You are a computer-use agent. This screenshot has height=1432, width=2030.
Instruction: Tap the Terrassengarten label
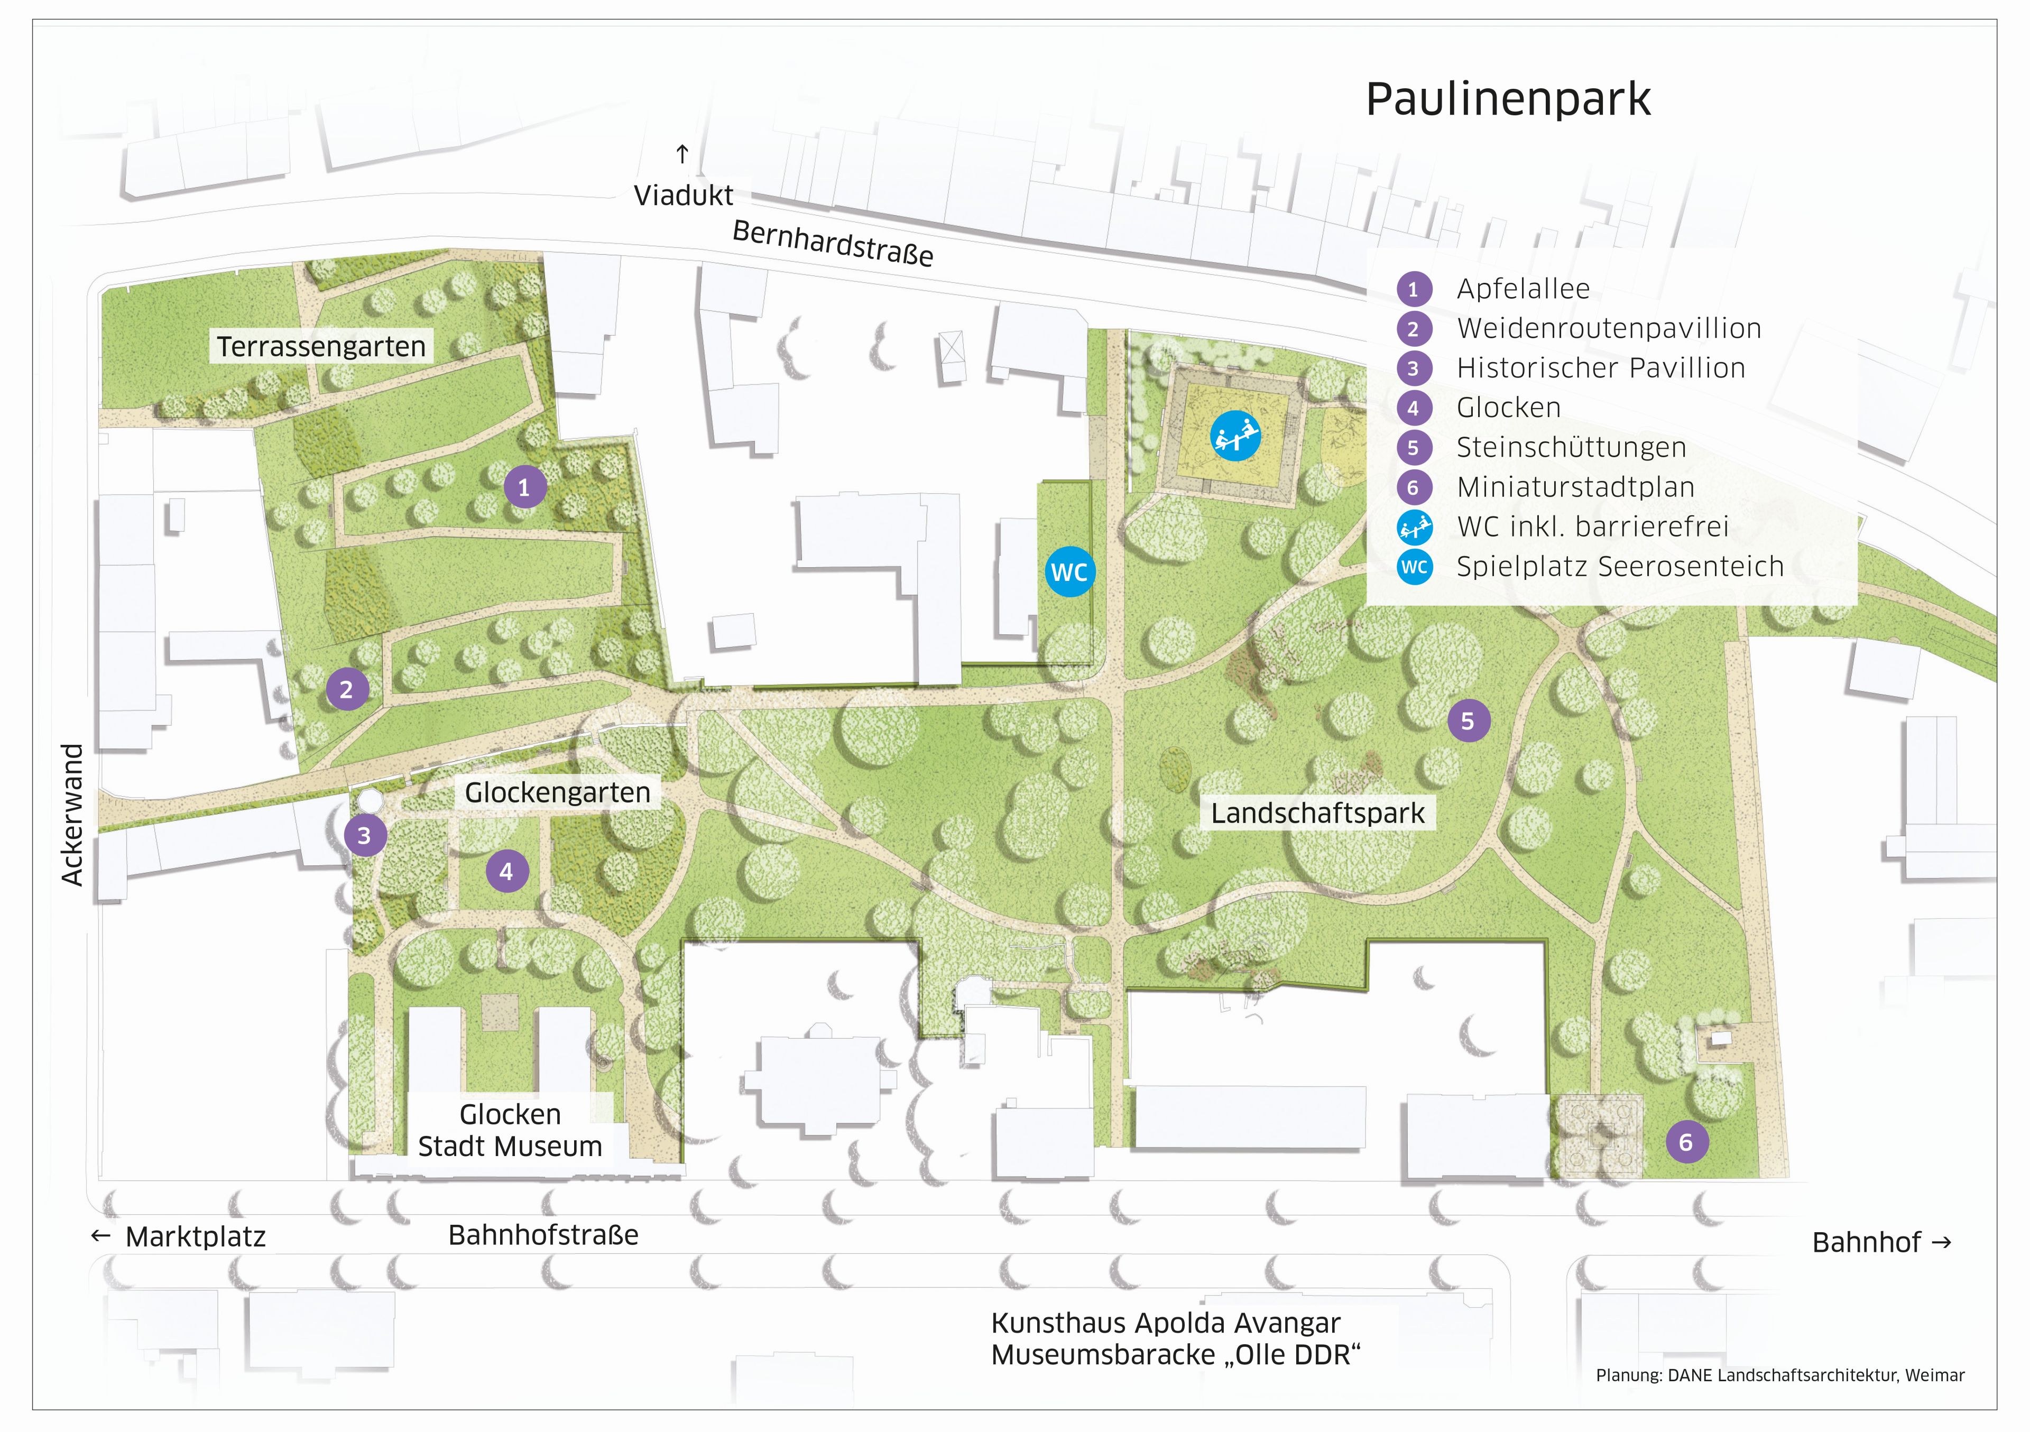pyautogui.click(x=321, y=347)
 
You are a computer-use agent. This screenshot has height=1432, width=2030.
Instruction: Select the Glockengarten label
pyautogui.click(x=557, y=793)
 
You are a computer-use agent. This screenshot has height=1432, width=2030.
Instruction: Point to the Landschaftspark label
pyautogui.click(x=1317, y=813)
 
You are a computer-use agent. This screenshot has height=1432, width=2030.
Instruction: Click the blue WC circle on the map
pyautogui.click(x=1069, y=572)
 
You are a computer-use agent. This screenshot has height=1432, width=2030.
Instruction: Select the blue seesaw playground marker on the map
pyautogui.click(x=1235, y=436)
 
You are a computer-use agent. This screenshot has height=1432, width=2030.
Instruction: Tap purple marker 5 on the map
pyautogui.click(x=1468, y=722)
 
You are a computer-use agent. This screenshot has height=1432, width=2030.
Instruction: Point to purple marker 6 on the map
pyautogui.click(x=1686, y=1142)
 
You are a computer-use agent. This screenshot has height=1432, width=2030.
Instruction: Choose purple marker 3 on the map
pyautogui.click(x=364, y=835)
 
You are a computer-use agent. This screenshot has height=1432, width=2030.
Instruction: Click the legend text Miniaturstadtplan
pyautogui.click(x=1575, y=487)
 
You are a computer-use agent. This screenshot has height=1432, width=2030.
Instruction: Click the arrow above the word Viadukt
pyautogui.click(x=681, y=155)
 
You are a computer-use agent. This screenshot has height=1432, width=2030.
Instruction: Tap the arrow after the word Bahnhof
pyautogui.click(x=1942, y=1242)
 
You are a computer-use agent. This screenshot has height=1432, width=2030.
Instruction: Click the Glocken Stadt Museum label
pyautogui.click(x=510, y=1131)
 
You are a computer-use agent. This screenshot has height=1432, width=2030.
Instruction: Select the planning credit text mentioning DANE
pyautogui.click(x=1780, y=1375)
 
